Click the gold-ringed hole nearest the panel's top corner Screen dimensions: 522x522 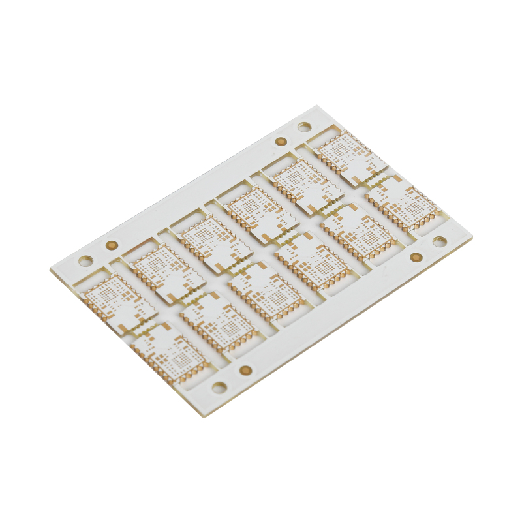(281, 141)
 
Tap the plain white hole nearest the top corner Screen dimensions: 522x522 (304, 127)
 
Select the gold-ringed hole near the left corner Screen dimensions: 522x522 (112, 245)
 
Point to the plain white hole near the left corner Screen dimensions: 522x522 (85, 261)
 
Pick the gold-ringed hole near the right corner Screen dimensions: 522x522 (416, 257)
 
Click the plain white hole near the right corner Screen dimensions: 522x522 (440, 241)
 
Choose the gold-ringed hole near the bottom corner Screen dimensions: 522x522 (245, 370)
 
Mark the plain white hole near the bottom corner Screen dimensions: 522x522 (219, 388)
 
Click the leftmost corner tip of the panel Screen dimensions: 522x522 (50, 269)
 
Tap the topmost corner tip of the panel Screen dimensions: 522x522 (318, 105)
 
